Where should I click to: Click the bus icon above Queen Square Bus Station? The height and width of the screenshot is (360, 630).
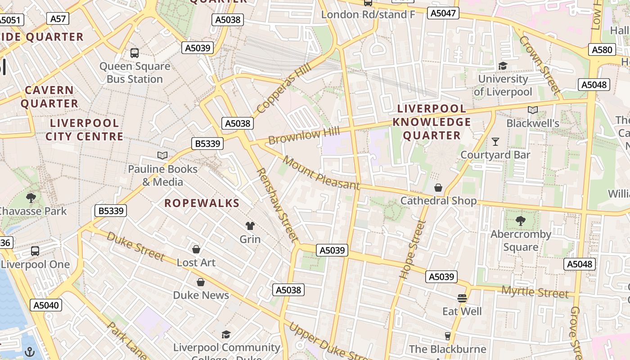point(135,53)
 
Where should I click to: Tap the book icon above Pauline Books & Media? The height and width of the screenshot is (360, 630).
point(162,155)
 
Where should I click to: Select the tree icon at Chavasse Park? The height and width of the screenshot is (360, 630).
point(31,198)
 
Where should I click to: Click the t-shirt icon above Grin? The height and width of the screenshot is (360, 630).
point(250,225)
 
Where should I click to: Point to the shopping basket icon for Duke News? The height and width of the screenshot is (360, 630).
point(201,282)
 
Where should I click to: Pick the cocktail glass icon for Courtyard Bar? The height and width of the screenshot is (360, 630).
point(495,141)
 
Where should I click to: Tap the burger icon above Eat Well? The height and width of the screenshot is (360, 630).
point(462,298)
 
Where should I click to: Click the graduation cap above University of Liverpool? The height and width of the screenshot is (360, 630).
point(503,66)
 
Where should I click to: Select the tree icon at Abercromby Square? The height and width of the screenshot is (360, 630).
point(521,220)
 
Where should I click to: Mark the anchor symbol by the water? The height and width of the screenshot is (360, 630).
point(30,351)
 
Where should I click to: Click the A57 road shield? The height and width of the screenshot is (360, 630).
point(58,18)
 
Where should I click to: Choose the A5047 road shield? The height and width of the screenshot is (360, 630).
point(443,13)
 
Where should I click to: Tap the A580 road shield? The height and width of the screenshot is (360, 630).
point(602,49)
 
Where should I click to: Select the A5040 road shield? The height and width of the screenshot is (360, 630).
point(46,305)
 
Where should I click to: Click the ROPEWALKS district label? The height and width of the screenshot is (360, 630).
point(202,203)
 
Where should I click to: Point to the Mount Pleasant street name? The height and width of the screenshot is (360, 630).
point(321,173)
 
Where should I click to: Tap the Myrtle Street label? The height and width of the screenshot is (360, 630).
point(535,292)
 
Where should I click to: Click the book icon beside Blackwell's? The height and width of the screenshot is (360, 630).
point(532,110)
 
